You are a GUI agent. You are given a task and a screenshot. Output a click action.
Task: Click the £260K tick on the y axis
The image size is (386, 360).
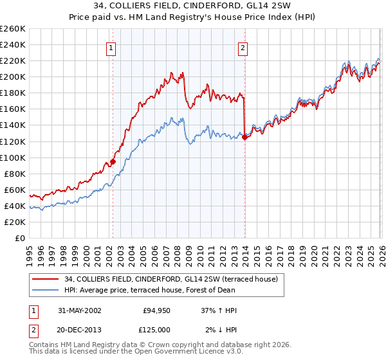13,29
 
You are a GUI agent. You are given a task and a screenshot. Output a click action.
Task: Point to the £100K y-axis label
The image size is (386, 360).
13,157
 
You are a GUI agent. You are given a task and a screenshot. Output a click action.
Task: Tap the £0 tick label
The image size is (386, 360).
21,238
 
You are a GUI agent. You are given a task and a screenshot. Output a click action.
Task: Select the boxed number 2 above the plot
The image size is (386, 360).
243,47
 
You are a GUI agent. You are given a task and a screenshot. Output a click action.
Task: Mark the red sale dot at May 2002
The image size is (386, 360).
113,161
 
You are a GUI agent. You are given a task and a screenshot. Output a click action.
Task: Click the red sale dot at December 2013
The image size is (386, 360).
244,137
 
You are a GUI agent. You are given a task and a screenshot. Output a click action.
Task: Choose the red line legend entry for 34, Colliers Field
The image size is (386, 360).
170,279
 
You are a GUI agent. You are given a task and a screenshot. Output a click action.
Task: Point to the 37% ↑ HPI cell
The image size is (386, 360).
219,310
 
